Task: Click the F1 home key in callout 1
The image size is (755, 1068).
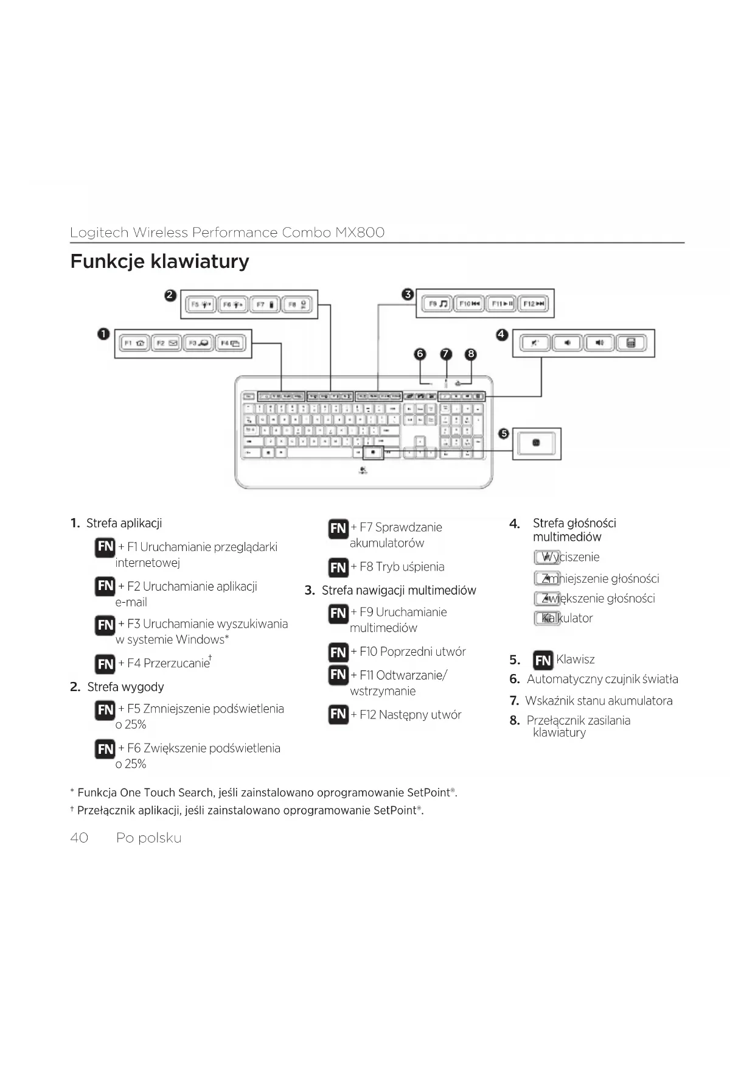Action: point(134,343)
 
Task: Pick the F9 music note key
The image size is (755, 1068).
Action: point(436,303)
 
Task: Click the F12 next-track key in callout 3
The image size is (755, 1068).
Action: point(534,303)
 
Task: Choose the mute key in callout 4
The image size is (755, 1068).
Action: point(535,343)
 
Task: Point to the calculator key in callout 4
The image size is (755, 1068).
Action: point(631,343)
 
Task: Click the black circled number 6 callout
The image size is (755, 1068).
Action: point(420,354)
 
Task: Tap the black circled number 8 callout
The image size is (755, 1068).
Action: point(470,354)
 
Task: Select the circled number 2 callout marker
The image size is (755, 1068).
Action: point(170,295)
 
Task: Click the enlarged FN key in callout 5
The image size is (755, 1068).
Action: point(536,443)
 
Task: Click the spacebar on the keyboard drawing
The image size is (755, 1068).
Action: point(320,453)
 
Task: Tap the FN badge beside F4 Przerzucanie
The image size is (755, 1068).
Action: point(105,663)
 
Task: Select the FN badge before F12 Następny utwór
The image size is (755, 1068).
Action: point(338,714)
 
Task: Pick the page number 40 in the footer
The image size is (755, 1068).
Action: point(79,838)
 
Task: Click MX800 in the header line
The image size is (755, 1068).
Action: point(360,232)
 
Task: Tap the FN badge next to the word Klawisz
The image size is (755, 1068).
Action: point(543,660)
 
